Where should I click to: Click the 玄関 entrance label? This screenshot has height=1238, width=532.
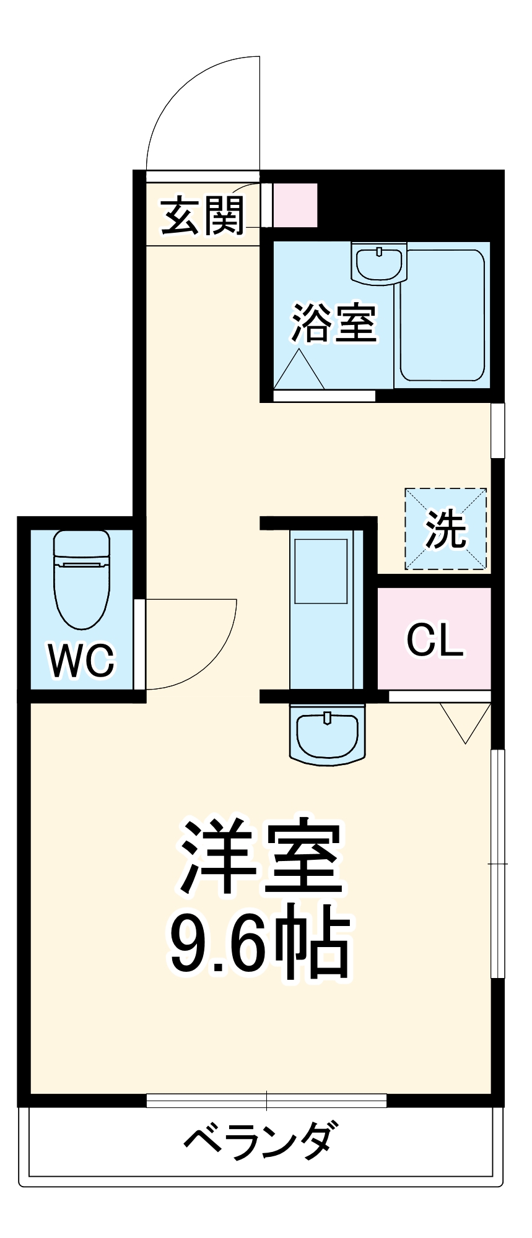point(203,215)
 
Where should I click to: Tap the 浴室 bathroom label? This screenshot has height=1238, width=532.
point(334,322)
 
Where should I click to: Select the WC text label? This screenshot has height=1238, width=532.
point(82,660)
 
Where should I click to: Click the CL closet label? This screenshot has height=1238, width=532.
point(435,640)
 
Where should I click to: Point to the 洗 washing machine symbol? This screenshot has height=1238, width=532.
point(446,529)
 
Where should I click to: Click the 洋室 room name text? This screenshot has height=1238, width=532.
point(261,857)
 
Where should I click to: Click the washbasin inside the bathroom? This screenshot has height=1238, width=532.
point(378,262)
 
